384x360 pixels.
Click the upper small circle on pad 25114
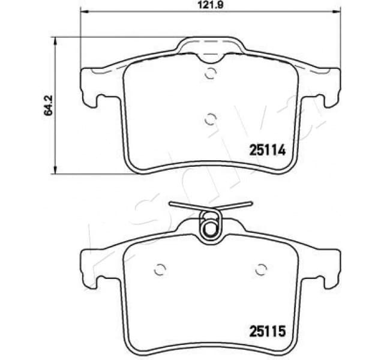click(210, 74)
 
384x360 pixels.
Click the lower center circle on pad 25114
click(210, 118)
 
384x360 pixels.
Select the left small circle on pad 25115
click(160, 269)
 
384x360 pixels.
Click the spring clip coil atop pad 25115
click(209, 227)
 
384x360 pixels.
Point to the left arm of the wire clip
click(183, 206)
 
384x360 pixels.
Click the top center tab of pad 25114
click(210, 48)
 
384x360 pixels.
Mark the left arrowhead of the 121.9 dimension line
click(83, 13)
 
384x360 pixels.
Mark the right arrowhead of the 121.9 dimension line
click(337, 13)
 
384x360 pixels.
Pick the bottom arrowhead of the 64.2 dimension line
click(56, 170)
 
